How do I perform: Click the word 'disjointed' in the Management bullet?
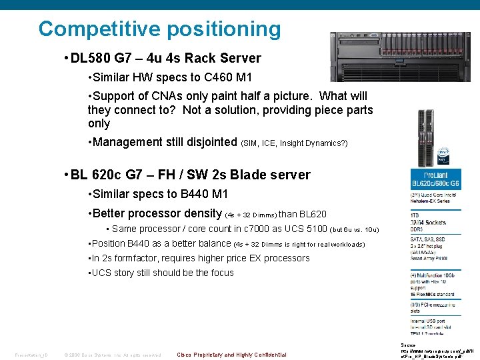tap(209, 142)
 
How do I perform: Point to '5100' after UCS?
tap(313, 229)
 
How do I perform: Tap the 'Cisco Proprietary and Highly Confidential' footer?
tap(231, 355)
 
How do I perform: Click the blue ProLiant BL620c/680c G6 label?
tap(434, 179)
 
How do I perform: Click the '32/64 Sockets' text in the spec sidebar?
tap(428, 221)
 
